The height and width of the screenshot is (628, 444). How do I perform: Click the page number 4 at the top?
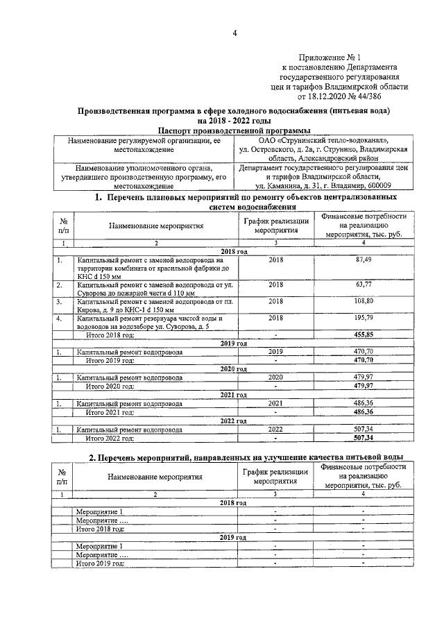point(234,33)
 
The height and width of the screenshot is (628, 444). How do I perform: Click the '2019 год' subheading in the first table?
point(234,343)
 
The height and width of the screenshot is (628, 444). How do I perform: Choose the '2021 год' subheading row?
point(234,395)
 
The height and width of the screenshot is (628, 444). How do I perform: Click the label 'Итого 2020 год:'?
point(110,386)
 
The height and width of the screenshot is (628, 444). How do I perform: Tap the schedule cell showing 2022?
point(275,429)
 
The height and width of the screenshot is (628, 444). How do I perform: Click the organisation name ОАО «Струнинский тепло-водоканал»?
point(323,139)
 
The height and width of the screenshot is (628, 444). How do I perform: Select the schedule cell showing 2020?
point(275,377)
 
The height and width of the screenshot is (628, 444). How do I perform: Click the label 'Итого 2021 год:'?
point(110,411)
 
